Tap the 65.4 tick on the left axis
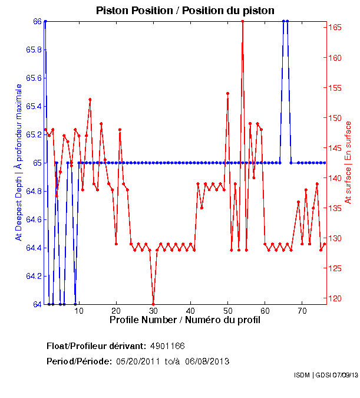click(32, 106)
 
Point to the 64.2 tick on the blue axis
click(32, 276)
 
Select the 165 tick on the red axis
click(335, 28)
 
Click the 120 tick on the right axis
click(335, 298)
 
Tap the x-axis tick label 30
click(153, 311)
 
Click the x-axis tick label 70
click(302, 311)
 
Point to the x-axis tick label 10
click(79, 311)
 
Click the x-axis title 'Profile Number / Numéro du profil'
click(185, 320)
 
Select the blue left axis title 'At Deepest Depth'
click(19, 162)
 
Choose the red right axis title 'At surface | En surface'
click(348, 162)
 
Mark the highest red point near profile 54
click(242, 21)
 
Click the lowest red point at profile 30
click(153, 304)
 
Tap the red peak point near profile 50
click(227, 93)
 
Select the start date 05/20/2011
click(138, 361)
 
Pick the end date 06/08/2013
click(207, 361)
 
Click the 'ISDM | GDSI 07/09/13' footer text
click(325, 375)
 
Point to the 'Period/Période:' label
click(79, 361)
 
